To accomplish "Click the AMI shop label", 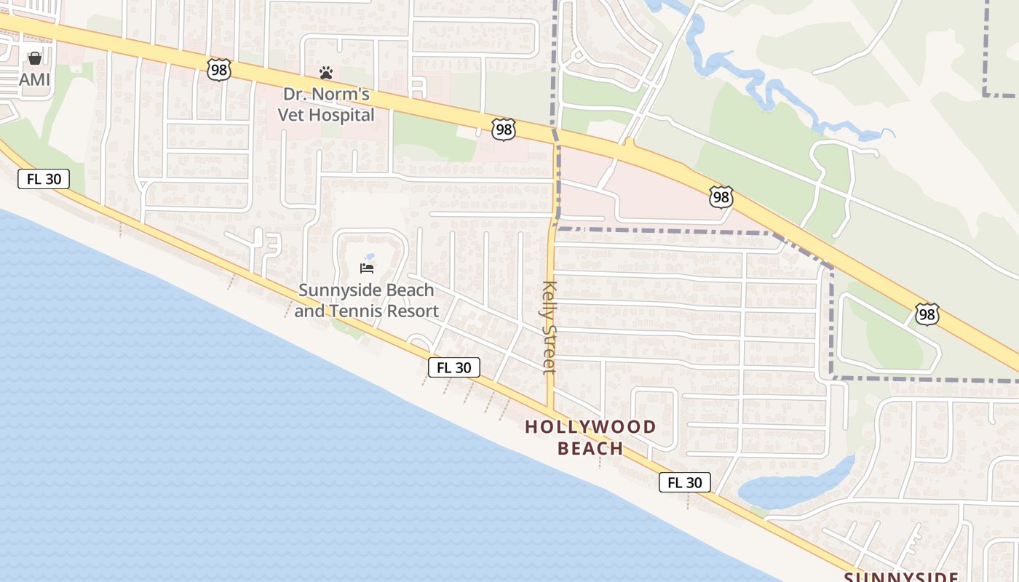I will (x=34, y=79).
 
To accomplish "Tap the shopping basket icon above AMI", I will (x=34, y=58).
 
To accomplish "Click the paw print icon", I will (x=326, y=73).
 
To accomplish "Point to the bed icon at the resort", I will (x=367, y=268).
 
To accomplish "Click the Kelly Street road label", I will (x=550, y=327).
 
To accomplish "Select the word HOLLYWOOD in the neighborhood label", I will (x=590, y=427).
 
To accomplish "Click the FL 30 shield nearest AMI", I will (x=44, y=179).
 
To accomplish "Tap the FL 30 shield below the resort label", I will (x=453, y=367).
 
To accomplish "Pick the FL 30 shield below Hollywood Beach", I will (x=684, y=482).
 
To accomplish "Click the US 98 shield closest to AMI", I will (x=218, y=70).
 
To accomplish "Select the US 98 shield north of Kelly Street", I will (x=503, y=130).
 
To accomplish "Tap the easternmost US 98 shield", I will (x=927, y=314).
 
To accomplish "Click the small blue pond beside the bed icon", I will (x=370, y=257).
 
